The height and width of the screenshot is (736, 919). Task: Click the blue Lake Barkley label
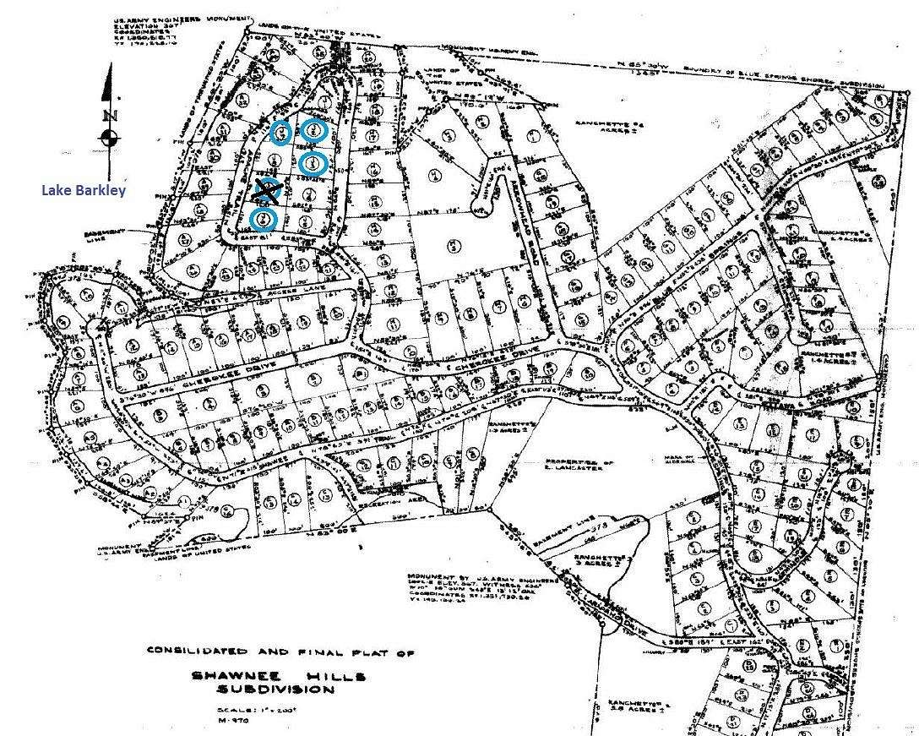point(84,190)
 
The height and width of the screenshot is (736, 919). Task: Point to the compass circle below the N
point(109,139)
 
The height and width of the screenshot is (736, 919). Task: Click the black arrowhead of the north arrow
point(106,83)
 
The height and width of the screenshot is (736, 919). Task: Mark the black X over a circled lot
point(268,192)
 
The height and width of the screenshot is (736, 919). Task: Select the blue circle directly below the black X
point(264,220)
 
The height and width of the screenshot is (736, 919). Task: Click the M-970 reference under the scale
point(231,722)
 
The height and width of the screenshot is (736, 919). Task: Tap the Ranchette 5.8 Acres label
point(642,708)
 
